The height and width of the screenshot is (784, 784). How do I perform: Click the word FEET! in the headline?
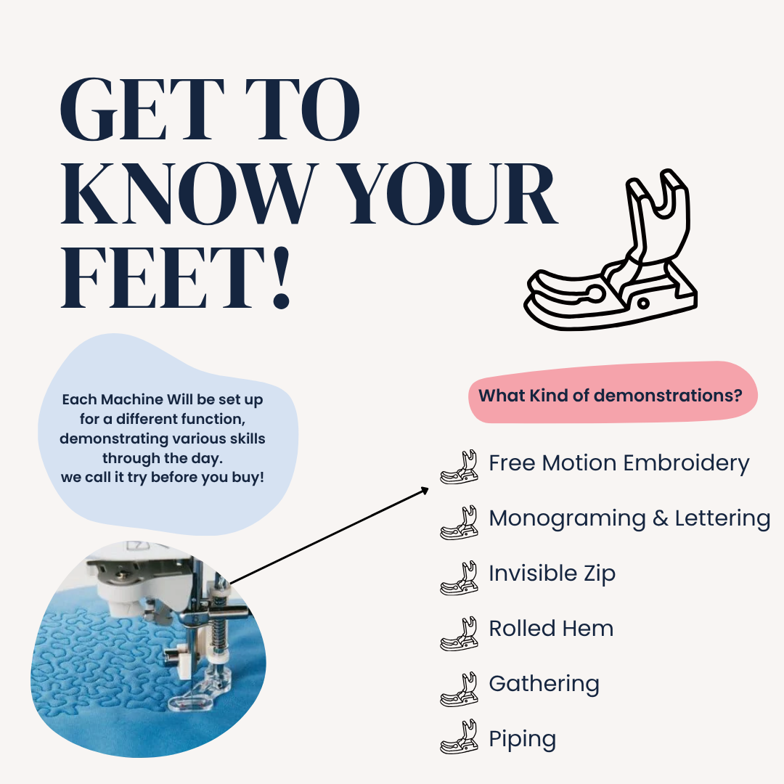pos(175,278)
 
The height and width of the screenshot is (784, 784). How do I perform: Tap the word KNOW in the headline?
pos(189,193)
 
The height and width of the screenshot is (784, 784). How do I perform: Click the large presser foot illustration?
pos(611,250)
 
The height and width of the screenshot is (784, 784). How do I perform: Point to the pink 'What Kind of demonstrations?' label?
pos(613,393)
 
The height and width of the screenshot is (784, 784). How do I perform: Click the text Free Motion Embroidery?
pos(619,463)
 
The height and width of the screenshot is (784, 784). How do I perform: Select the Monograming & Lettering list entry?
pos(629,518)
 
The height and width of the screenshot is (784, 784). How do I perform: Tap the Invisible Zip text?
pos(552,573)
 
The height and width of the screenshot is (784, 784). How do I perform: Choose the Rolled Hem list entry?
pos(551,629)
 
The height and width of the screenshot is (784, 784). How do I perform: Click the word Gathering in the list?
pos(544,684)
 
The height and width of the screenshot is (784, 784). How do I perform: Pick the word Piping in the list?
pos(523,739)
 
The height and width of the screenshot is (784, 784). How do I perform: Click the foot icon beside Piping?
pos(459,737)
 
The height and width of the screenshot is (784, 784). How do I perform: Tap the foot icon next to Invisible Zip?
pos(459,579)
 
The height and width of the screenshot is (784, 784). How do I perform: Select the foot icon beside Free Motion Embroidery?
pos(459,467)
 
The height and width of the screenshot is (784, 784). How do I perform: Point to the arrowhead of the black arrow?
pos(425,491)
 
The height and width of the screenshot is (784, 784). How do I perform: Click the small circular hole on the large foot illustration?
pos(643,303)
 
